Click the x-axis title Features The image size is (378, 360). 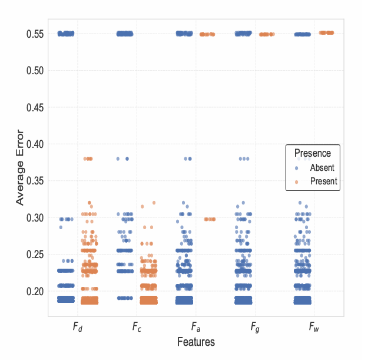(x=196, y=342)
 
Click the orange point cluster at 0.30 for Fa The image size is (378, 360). (x=209, y=219)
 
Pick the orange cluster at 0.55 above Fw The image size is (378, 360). (x=326, y=33)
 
